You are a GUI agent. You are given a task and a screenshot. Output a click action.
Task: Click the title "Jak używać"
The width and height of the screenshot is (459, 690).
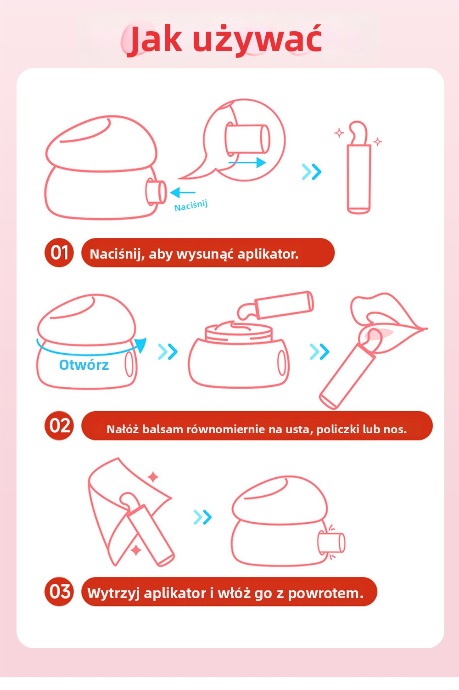[224, 40]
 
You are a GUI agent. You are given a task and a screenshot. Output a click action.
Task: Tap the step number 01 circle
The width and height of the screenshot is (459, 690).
[59, 253]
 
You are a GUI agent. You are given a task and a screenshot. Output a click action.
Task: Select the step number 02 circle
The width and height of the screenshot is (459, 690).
[59, 425]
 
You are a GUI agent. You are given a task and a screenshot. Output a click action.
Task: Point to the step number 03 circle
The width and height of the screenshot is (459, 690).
[59, 591]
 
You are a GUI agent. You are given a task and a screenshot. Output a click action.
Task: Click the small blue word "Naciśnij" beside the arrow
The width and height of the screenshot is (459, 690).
[191, 205]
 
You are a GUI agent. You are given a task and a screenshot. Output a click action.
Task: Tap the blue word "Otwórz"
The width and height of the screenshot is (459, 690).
[84, 365]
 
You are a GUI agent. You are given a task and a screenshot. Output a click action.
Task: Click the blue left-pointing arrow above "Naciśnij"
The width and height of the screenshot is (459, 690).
[183, 192]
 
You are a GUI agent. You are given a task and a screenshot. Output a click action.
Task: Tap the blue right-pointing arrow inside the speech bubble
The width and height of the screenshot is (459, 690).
[247, 162]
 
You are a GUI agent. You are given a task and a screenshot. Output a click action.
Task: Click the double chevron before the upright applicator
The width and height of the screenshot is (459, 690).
[312, 171]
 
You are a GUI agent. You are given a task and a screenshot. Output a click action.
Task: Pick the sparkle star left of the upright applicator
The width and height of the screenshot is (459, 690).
[339, 133]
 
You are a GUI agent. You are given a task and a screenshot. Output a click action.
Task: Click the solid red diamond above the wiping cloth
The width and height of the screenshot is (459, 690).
[153, 477]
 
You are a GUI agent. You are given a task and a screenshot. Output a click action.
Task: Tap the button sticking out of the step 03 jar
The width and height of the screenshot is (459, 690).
[331, 543]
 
